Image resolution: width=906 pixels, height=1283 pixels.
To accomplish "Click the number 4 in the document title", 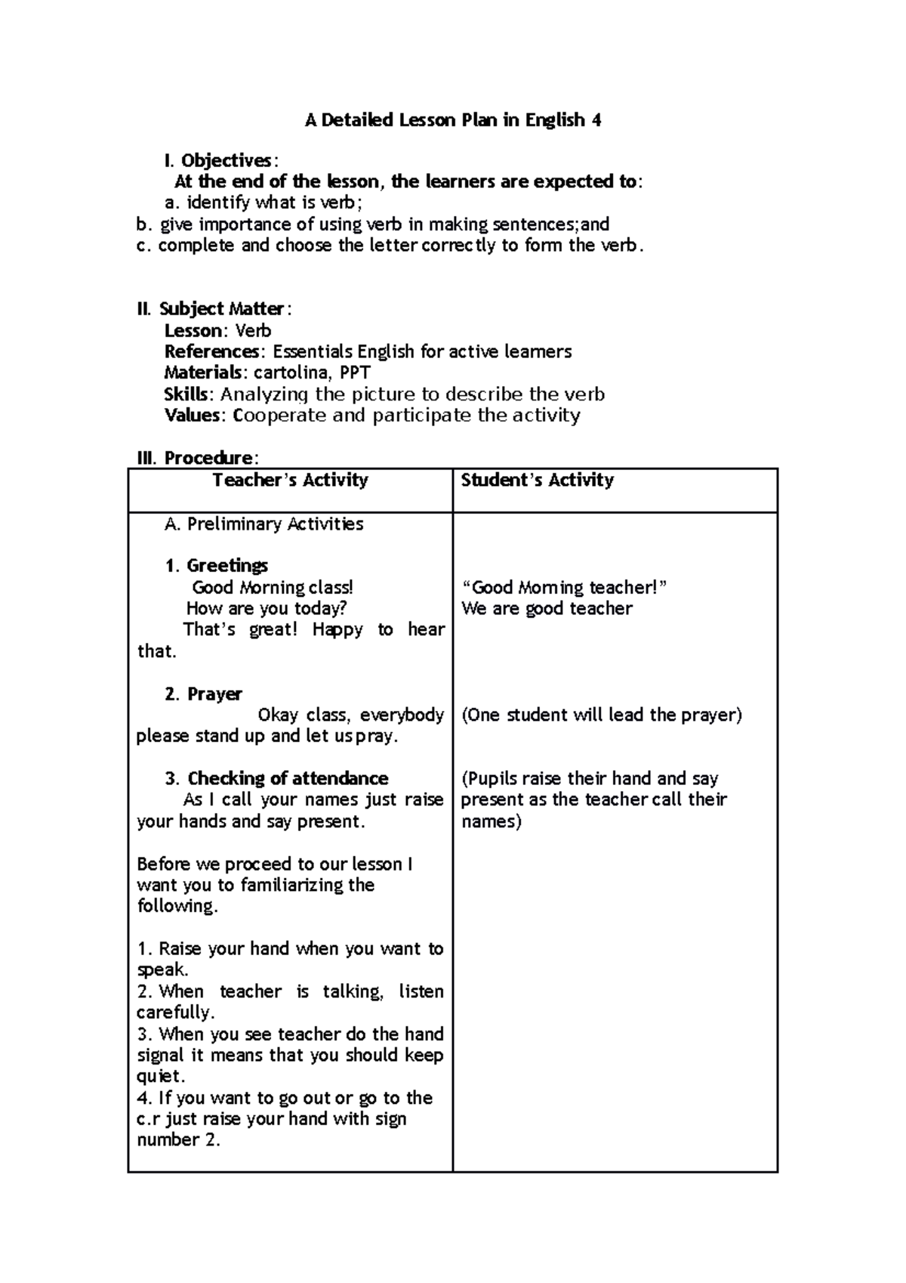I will [x=596, y=120].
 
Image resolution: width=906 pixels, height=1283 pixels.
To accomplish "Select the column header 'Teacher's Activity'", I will [x=290, y=481].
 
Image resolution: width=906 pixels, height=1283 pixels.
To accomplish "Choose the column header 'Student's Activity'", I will [x=537, y=481].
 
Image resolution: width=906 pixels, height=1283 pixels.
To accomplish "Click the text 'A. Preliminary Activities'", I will [x=263, y=524].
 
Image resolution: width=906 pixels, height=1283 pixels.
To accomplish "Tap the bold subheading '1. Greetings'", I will [x=216, y=566].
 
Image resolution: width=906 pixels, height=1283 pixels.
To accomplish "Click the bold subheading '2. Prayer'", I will [x=203, y=694].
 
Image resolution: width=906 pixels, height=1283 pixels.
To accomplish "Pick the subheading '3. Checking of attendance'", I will [x=276, y=779].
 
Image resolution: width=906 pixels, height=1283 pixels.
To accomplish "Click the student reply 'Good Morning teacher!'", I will [x=564, y=588].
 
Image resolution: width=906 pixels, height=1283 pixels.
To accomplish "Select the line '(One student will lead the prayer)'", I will [x=602, y=716].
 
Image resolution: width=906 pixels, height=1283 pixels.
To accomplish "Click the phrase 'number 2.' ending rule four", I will [x=178, y=1140].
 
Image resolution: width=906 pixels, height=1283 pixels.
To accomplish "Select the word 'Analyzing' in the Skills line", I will [x=264, y=394].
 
